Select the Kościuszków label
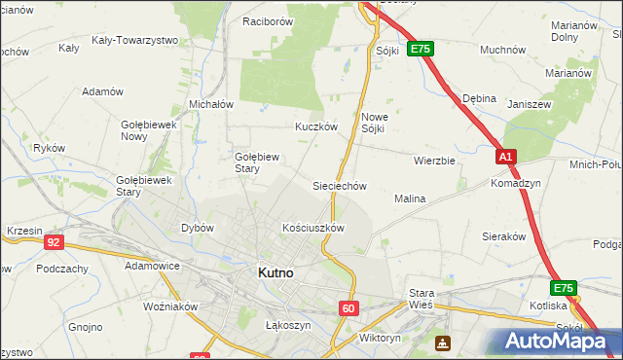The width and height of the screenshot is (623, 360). (x=313, y=228)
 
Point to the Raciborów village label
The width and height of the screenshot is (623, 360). (x=268, y=20)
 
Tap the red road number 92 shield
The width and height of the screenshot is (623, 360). (x=55, y=241)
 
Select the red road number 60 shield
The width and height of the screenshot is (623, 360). (x=349, y=307)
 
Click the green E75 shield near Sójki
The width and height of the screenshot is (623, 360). (x=420, y=48)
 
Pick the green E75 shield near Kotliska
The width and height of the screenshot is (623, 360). (x=563, y=288)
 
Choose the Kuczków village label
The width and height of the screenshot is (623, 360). (x=315, y=126)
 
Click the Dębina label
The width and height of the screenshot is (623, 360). (x=479, y=98)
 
